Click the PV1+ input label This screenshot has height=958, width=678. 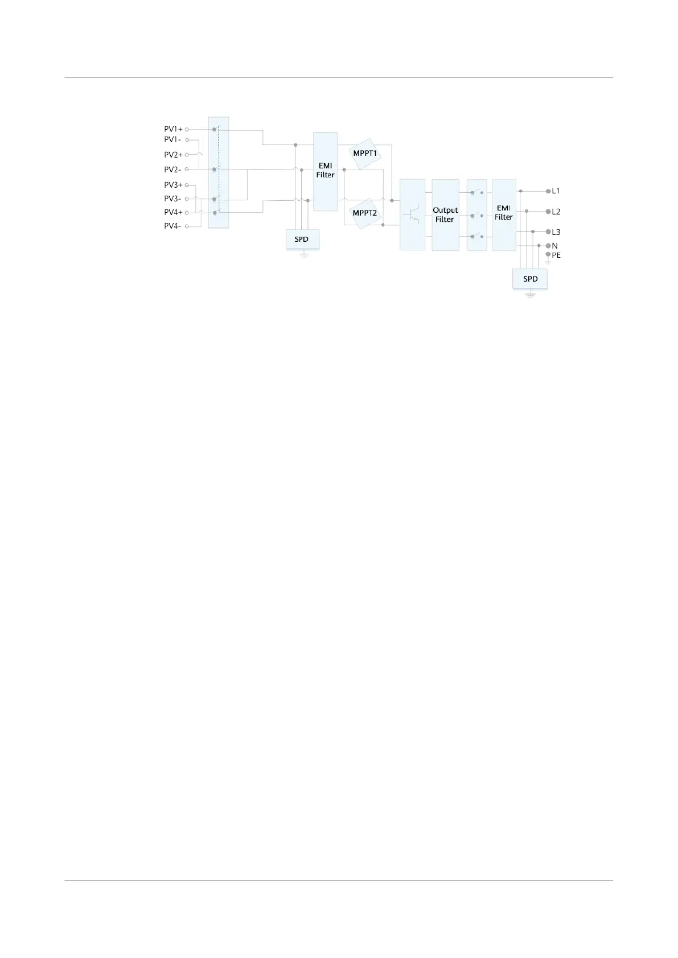[173, 129]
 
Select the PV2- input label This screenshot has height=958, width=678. [172, 170]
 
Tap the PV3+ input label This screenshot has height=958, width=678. [173, 185]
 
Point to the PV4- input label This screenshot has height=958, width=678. [172, 226]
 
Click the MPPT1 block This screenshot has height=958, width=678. [365, 154]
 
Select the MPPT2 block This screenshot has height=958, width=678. [365, 213]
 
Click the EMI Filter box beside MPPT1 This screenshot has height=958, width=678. [326, 171]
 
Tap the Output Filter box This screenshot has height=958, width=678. [445, 214]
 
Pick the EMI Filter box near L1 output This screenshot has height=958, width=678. [504, 213]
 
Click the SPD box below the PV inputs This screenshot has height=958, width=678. [302, 239]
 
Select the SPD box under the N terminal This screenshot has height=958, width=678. [530, 279]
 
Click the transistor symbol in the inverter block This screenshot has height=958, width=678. [413, 215]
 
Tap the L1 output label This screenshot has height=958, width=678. [556, 191]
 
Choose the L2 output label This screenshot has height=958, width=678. [556, 212]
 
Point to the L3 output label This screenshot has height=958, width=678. [556, 232]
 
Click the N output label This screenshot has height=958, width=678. [555, 246]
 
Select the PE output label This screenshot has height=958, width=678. [556, 255]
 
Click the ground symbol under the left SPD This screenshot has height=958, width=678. [304, 254]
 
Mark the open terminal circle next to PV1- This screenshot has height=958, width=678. [187, 140]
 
